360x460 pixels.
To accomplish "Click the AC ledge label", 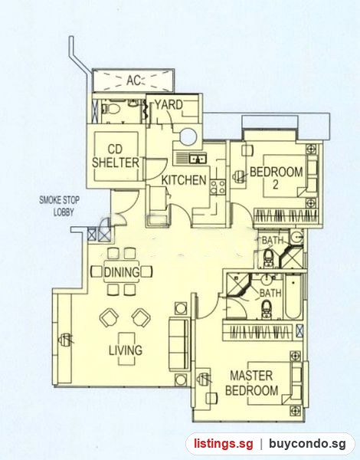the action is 133,80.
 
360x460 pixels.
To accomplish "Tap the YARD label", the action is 169,104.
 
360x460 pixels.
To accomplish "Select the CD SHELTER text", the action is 116,156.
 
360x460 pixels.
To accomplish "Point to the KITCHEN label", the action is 184,180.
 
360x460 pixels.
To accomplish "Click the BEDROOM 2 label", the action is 276,178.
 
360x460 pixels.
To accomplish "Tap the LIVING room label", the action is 126,350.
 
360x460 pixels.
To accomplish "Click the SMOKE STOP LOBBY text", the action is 60,206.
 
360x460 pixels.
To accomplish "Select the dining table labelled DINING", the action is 122,271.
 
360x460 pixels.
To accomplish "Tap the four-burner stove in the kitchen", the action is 218,188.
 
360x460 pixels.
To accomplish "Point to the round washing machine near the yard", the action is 188,136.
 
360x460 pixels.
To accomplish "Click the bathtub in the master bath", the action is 293,296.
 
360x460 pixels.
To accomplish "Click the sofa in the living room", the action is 178,345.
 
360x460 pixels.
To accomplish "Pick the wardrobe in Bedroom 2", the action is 286,216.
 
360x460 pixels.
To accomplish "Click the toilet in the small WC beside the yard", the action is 112,109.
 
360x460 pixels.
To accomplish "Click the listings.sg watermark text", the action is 223,444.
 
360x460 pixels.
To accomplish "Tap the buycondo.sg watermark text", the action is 307,444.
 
